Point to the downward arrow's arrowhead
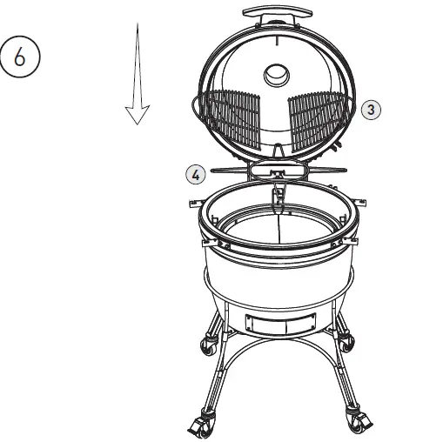coord(138,114)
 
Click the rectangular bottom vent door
coord(276,322)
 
